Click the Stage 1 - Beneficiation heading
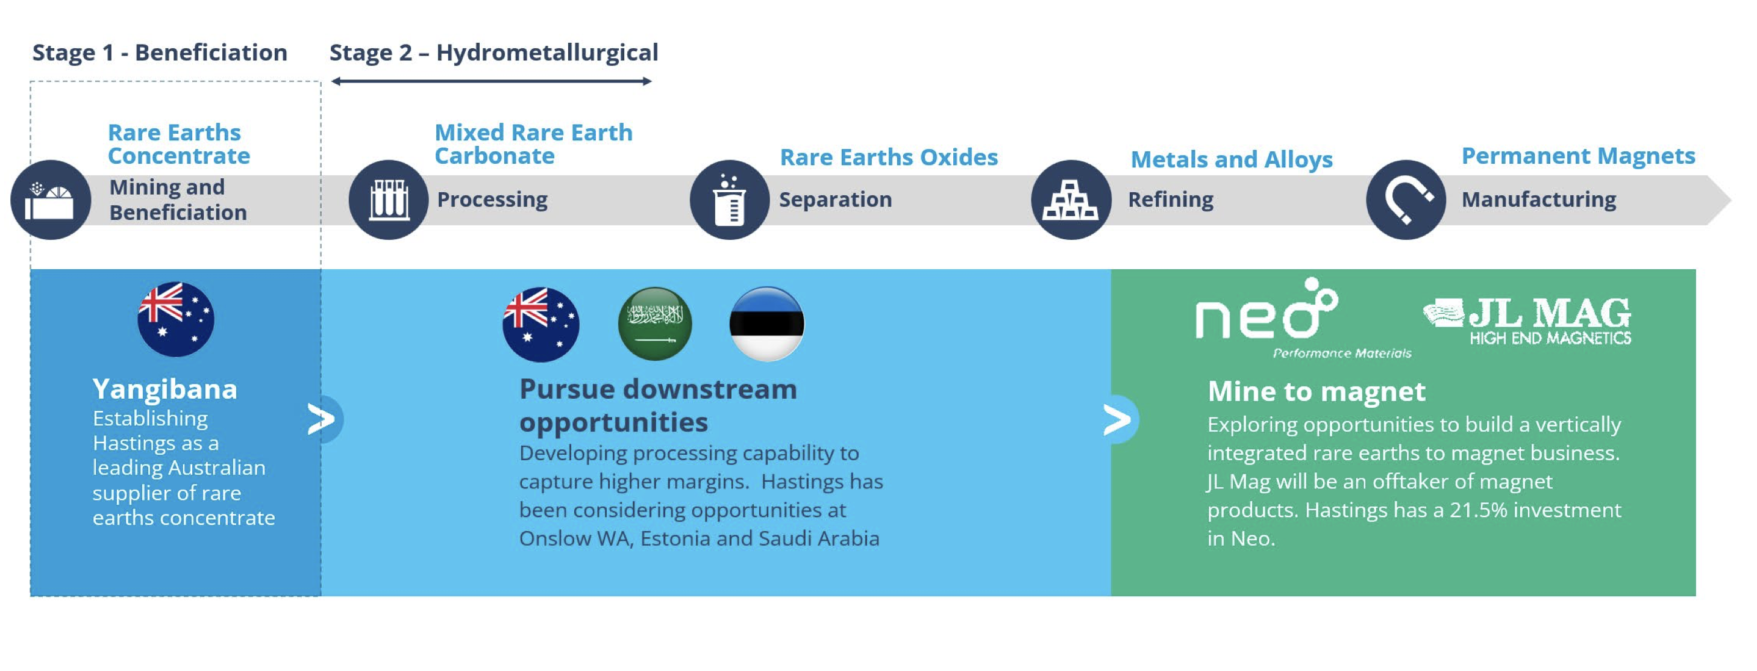pyautogui.click(x=160, y=52)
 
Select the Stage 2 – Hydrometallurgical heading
pyautogui.click(x=494, y=53)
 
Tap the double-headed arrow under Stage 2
pyautogui.click(x=491, y=81)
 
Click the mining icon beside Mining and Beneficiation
pyautogui.click(x=51, y=200)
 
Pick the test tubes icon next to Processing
pyautogui.click(x=389, y=200)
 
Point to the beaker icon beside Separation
pyautogui.click(x=729, y=200)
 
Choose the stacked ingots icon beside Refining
pyautogui.click(x=1071, y=200)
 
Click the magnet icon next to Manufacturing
pyautogui.click(x=1406, y=200)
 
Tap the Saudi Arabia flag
pyautogui.click(x=655, y=323)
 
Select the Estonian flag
pyautogui.click(x=766, y=323)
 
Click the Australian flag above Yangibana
pyautogui.click(x=176, y=319)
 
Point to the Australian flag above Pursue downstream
pyautogui.click(x=541, y=324)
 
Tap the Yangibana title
pyautogui.click(x=165, y=389)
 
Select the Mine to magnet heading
pyautogui.click(x=1317, y=392)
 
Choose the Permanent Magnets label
pyautogui.click(x=1578, y=156)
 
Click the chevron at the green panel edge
pyautogui.click(x=1117, y=419)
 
